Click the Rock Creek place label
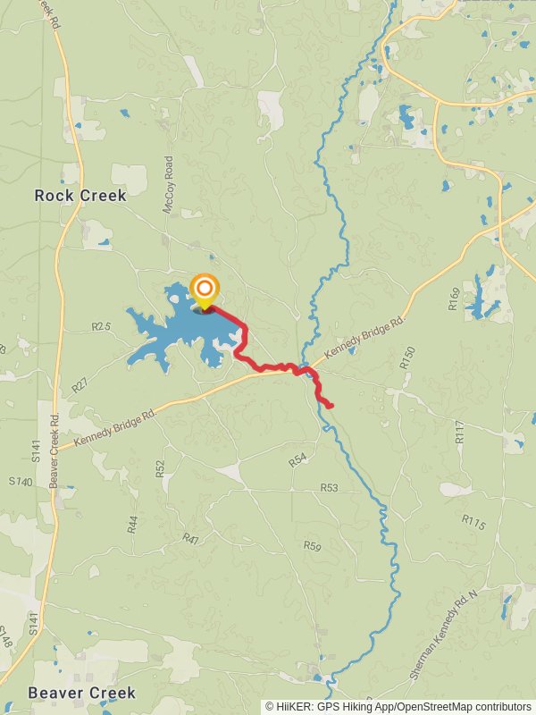click(x=80, y=195)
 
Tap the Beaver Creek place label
click(x=81, y=693)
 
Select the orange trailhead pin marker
click(x=205, y=289)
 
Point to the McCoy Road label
click(x=168, y=185)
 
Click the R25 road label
click(x=101, y=327)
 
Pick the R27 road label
click(x=80, y=385)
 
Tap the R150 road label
click(x=408, y=358)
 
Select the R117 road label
click(x=460, y=433)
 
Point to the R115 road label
click(x=473, y=522)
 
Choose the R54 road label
click(x=297, y=459)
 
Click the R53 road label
click(x=330, y=487)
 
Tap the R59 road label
click(x=312, y=545)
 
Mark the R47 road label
click(x=190, y=538)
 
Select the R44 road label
click(x=132, y=524)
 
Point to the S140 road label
click(x=21, y=482)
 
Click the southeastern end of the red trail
click(x=331, y=407)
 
